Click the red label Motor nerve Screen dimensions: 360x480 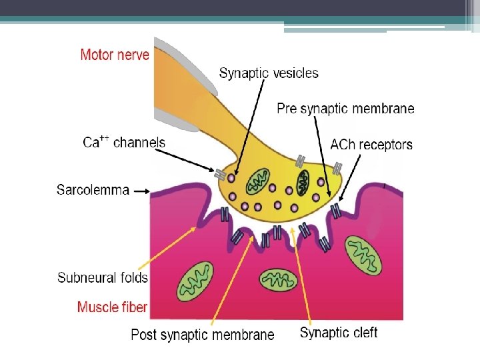(115, 54)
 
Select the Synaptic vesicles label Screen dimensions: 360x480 (269, 73)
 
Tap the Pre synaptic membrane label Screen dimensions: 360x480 (345, 109)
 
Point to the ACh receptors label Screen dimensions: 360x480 (371, 145)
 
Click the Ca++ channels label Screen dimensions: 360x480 (124, 142)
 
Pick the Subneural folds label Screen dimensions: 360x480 (103, 277)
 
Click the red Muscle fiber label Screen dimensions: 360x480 (112, 307)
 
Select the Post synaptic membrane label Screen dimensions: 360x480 (202, 335)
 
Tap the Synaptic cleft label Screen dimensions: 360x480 (339, 333)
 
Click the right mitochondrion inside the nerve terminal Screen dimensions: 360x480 (303, 182)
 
